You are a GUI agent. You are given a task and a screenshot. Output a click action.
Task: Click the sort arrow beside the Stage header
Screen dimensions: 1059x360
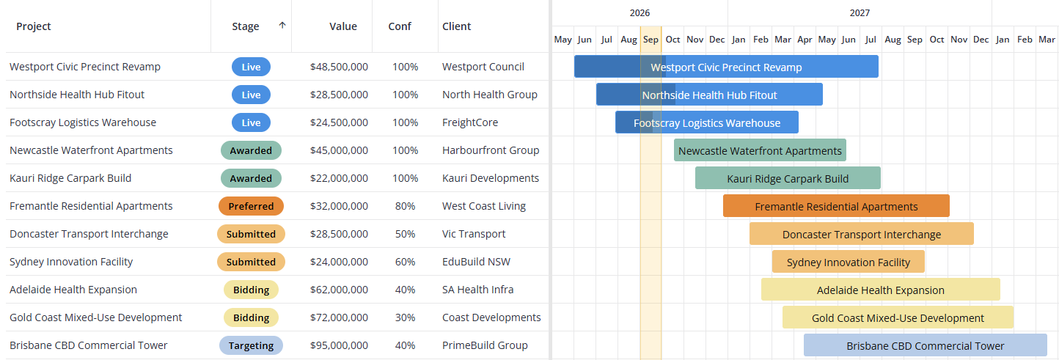(x=282, y=26)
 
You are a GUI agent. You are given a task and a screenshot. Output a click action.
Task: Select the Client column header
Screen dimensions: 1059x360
(x=456, y=26)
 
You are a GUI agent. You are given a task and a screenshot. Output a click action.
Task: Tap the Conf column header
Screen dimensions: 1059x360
(x=400, y=26)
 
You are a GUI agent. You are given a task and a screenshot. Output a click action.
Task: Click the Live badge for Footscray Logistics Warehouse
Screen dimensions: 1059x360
(x=251, y=122)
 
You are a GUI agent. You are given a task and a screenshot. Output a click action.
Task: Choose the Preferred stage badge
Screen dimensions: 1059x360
(x=251, y=206)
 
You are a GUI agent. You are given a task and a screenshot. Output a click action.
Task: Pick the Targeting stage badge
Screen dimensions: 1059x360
(x=251, y=345)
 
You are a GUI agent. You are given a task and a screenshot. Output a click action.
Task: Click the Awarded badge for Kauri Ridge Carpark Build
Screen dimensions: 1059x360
(x=251, y=178)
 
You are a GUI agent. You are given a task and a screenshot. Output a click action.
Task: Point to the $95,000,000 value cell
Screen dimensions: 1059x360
(x=339, y=345)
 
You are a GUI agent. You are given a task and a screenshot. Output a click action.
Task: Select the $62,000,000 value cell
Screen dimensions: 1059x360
(x=339, y=290)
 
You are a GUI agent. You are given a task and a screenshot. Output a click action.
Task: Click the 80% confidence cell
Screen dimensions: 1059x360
(x=405, y=206)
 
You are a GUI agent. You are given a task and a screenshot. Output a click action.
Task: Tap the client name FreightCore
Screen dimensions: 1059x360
(x=470, y=122)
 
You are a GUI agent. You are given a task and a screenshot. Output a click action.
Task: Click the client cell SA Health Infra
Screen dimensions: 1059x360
(x=477, y=290)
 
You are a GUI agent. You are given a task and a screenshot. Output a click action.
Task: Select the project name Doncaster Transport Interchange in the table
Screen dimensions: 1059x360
(x=89, y=234)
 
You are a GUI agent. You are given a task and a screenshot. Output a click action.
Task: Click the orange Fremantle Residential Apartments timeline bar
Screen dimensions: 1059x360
(x=836, y=206)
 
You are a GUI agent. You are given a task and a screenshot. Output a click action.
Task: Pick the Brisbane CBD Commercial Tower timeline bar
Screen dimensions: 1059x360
(x=926, y=345)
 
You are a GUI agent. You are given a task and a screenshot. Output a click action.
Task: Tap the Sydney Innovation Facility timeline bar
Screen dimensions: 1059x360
(x=848, y=262)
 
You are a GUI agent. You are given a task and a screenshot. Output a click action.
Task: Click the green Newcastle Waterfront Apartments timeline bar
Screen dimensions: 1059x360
(x=760, y=150)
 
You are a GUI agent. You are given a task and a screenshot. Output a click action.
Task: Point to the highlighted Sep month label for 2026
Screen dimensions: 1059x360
(x=651, y=40)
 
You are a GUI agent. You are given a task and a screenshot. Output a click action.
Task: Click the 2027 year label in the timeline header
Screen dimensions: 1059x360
(x=860, y=13)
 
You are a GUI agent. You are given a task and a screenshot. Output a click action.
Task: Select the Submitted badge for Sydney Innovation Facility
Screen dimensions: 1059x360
(x=251, y=262)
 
